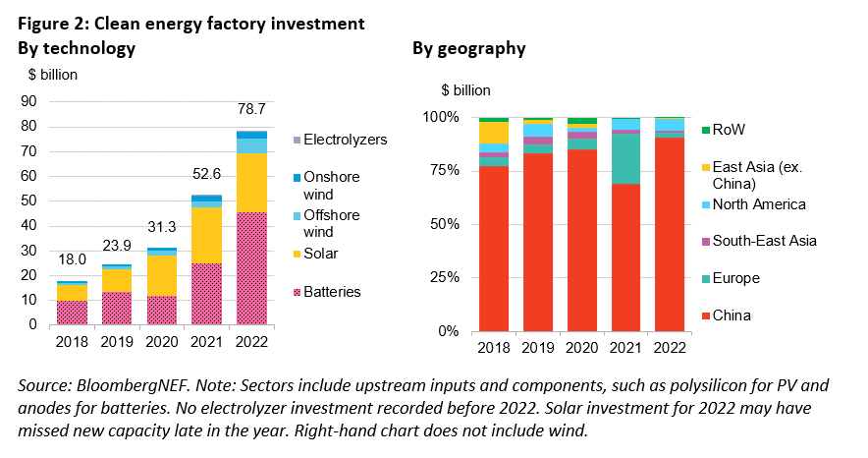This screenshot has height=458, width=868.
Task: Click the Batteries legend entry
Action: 333,292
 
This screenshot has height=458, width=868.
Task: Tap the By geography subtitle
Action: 468,48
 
